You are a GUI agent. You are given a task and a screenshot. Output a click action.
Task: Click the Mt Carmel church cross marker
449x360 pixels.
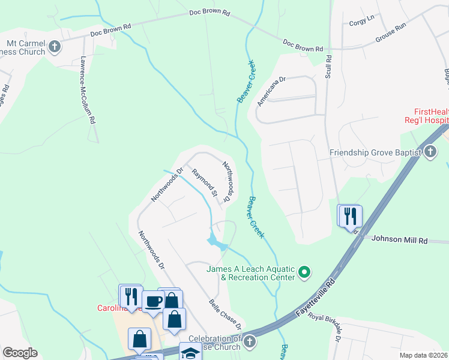[54, 46]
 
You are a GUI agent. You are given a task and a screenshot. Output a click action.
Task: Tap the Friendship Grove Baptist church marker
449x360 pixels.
[430, 152]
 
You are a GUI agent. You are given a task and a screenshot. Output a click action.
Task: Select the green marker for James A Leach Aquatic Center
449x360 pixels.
[305, 273]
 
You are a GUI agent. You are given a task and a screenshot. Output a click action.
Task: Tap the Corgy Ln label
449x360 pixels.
[361, 22]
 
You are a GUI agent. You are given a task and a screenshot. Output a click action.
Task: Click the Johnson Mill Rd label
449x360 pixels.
[399, 239]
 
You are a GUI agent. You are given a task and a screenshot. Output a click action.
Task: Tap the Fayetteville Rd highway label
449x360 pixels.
[318, 298]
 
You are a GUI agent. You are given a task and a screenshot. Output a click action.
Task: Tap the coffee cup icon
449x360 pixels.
[154, 301]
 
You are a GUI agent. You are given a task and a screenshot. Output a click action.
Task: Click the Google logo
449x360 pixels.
[20, 353]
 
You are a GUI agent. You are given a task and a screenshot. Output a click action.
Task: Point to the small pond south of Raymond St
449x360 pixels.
[215, 242]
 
